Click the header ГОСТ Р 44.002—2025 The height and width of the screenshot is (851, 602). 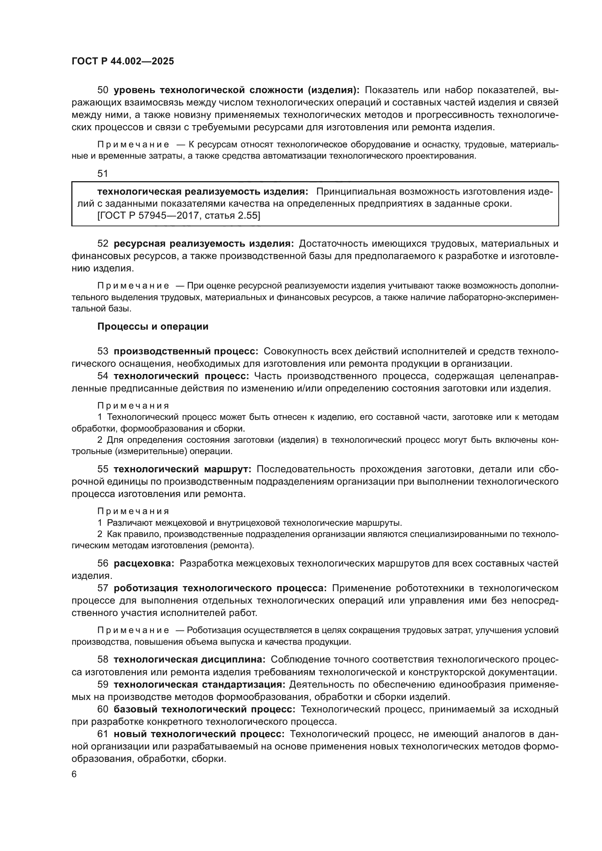[123, 61]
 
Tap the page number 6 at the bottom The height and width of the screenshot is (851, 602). [74, 774]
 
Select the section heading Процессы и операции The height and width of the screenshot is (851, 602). [153, 326]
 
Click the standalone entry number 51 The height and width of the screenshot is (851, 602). [103, 174]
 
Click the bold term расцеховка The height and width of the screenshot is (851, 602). [144, 563]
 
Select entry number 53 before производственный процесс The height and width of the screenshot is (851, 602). [103, 351]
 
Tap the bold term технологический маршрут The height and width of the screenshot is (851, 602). [182, 469]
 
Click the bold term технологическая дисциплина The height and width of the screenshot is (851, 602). [189, 659]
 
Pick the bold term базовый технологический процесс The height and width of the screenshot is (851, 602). [204, 709]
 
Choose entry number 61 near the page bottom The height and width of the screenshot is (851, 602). [103, 734]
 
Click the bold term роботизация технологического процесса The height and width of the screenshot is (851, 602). [220, 588]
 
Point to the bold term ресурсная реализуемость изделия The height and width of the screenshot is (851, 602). [203, 243]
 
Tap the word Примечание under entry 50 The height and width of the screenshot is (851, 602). [133, 144]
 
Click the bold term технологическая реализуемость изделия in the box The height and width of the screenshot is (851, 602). [202, 192]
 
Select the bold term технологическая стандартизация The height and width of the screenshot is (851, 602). [199, 684]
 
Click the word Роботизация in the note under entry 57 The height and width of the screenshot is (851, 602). [209, 631]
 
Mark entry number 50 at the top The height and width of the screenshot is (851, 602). [103, 90]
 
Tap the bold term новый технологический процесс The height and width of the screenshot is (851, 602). [199, 734]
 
